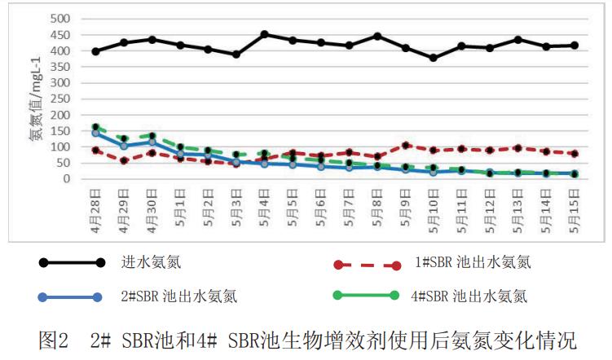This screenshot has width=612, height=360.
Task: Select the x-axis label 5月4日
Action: click(x=264, y=209)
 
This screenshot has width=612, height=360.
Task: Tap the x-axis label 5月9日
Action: click(x=405, y=209)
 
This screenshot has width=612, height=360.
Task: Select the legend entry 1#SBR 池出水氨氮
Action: click(x=473, y=263)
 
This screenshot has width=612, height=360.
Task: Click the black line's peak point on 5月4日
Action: click(x=264, y=34)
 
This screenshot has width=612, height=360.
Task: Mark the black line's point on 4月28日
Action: click(x=95, y=51)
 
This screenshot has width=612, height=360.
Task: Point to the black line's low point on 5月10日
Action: click(x=433, y=58)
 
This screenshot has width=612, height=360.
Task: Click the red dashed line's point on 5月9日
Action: click(x=405, y=145)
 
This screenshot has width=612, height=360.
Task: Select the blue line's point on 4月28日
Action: click(x=95, y=133)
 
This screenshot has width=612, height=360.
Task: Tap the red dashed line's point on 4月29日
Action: click(x=124, y=160)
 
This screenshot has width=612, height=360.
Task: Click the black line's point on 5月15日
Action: click(x=574, y=46)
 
